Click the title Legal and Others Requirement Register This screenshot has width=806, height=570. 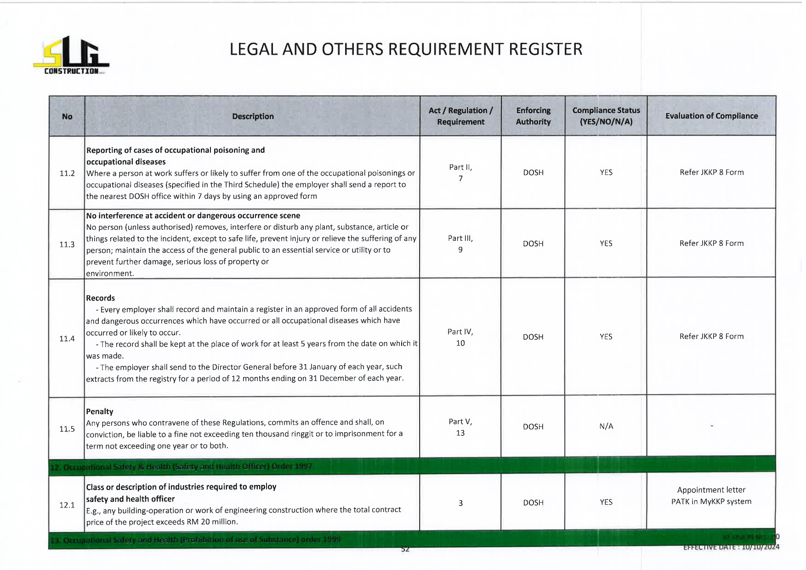pos(406,49)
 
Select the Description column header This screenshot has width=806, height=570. pos(253,116)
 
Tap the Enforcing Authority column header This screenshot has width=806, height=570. pos(533,116)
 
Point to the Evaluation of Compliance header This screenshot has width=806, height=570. pos(711,116)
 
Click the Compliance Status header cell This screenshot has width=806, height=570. pos(606,116)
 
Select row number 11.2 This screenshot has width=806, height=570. pos(67,173)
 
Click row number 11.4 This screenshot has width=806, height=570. pos(67,339)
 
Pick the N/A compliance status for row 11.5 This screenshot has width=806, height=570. pos(606,427)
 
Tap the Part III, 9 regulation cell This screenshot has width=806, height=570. pos(460,244)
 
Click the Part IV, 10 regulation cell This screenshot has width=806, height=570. pos(460,337)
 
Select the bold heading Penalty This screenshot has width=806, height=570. pos(100,411)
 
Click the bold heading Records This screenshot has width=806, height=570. pos(101,298)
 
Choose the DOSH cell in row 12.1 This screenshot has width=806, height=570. pos(533,503)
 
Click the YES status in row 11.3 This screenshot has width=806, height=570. pos(606,244)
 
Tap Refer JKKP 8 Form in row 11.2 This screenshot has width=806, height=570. pos(711,172)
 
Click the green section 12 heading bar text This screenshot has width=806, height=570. pos(182,467)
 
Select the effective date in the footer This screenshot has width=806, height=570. pos(731,547)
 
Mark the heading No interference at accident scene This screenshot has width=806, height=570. pos(193,216)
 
